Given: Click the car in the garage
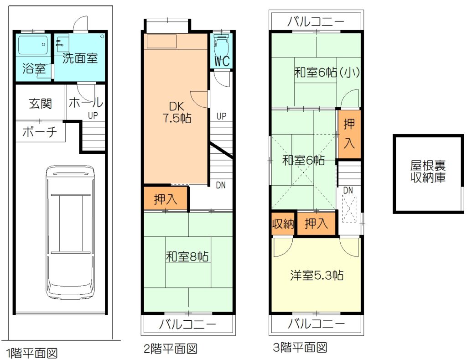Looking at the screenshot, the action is pyautogui.click(x=71, y=232).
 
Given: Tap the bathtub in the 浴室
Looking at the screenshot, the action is pyautogui.click(x=33, y=45).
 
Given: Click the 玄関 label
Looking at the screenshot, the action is pyautogui.click(x=41, y=104).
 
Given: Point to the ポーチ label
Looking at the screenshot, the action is pyautogui.click(x=40, y=132).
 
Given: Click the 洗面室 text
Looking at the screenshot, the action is pyautogui.click(x=80, y=58).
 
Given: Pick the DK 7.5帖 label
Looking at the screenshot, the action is pyautogui.click(x=176, y=112).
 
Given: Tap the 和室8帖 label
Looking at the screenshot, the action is pyautogui.click(x=187, y=256).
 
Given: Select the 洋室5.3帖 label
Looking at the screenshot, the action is pyautogui.click(x=317, y=275).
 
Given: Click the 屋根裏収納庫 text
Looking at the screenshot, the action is pyautogui.click(x=428, y=172).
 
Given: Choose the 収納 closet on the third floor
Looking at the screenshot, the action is pyautogui.click(x=283, y=223).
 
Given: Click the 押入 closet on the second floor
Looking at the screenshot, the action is pyautogui.click(x=166, y=199).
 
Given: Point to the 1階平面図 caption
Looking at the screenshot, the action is pyautogui.click(x=31, y=354).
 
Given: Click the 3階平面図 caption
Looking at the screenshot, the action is pyautogui.click(x=300, y=348).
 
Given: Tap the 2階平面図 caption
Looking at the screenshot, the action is pyautogui.click(x=171, y=349).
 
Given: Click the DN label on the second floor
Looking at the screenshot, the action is pyautogui.click(x=221, y=185).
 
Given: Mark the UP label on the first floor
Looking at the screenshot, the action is pyautogui.click(x=93, y=115).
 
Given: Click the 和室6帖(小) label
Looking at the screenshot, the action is pyautogui.click(x=327, y=73).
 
